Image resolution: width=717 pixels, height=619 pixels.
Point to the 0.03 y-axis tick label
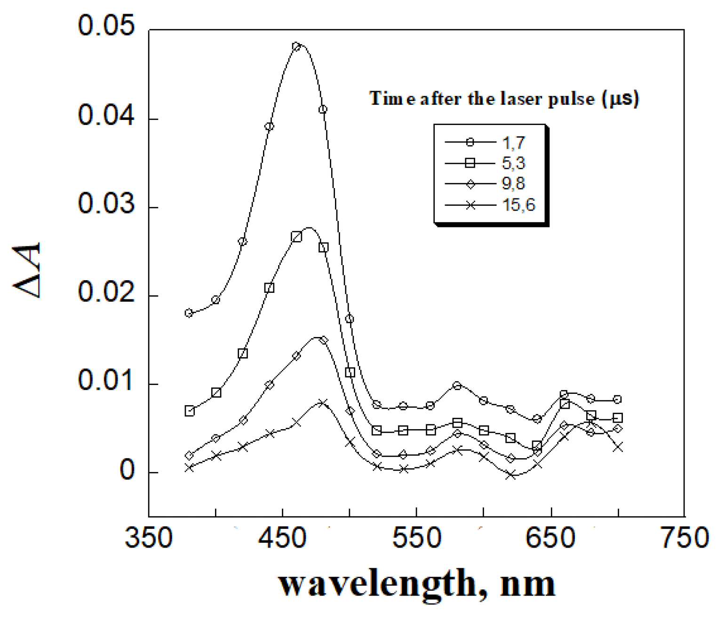point(106,204)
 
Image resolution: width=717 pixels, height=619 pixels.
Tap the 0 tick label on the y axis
point(127,470)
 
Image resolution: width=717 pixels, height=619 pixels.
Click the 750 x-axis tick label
point(685,538)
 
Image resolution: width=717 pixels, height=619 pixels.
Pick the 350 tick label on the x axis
point(149,538)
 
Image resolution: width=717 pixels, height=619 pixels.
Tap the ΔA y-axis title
point(27,270)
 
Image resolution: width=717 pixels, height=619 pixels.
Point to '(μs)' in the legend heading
point(621,99)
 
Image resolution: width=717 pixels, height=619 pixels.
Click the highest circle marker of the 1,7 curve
point(296,47)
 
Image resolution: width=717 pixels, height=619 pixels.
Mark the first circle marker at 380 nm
point(189,313)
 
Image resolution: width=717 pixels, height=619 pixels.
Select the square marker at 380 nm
point(190,411)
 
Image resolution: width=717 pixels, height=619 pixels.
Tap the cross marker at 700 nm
point(618,447)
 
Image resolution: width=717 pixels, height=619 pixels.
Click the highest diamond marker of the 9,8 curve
point(323,340)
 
